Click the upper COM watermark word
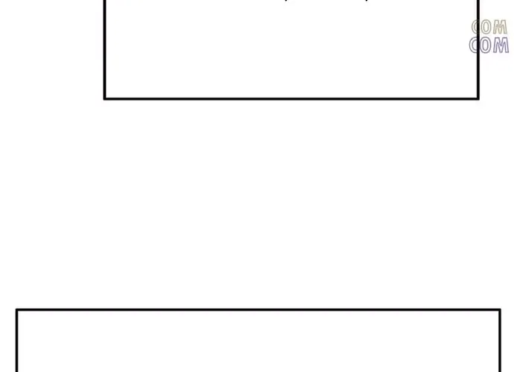coord(489,28)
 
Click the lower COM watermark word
coord(489,45)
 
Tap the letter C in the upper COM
coord(477,28)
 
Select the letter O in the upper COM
coord(489,28)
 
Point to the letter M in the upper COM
coord(501,28)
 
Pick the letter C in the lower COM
coord(477,45)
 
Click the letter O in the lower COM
coord(489,45)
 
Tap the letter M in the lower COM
coord(501,45)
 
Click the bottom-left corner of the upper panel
coord(104,98)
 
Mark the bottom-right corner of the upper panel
coord(478,98)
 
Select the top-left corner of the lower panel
coord(16,310)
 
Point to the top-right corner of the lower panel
coord(500,310)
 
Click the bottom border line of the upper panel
coord(291,98)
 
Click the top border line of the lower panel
coord(258,310)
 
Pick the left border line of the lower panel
coord(16,342)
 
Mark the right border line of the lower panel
coord(500,342)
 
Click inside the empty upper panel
coord(291,52)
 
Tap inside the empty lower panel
coord(258,342)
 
